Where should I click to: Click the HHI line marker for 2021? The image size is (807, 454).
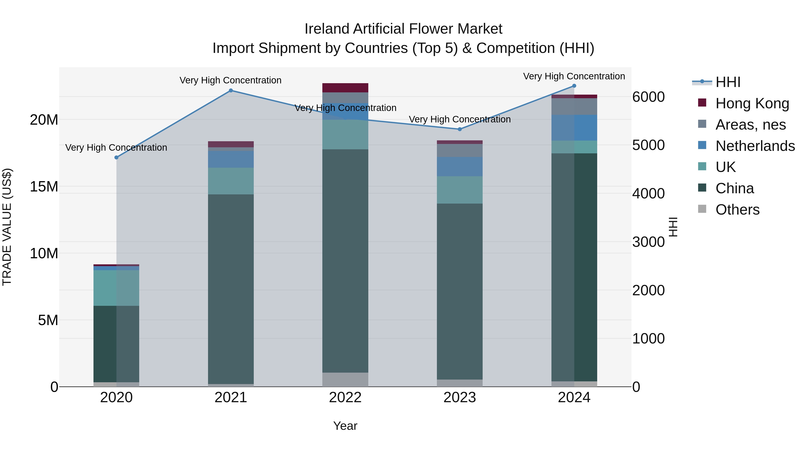(x=231, y=91)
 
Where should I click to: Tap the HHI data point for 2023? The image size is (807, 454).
(x=460, y=129)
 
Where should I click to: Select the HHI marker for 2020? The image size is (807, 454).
(x=117, y=157)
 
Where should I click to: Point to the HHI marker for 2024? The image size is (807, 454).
(x=574, y=86)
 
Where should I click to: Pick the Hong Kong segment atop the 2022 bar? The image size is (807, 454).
(x=345, y=88)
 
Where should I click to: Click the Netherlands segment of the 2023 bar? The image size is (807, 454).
(x=460, y=166)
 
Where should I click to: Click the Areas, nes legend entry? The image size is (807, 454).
(x=750, y=125)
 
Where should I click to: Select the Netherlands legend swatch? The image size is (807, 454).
(x=702, y=145)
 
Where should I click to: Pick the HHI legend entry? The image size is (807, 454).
(x=727, y=82)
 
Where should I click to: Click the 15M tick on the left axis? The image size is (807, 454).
(x=44, y=187)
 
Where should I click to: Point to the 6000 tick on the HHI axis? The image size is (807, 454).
(x=648, y=97)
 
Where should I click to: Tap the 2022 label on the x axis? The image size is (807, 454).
(x=345, y=398)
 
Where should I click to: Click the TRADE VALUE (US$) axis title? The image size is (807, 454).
(x=7, y=227)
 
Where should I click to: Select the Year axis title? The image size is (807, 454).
(x=345, y=426)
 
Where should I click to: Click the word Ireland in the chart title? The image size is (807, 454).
(x=327, y=29)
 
